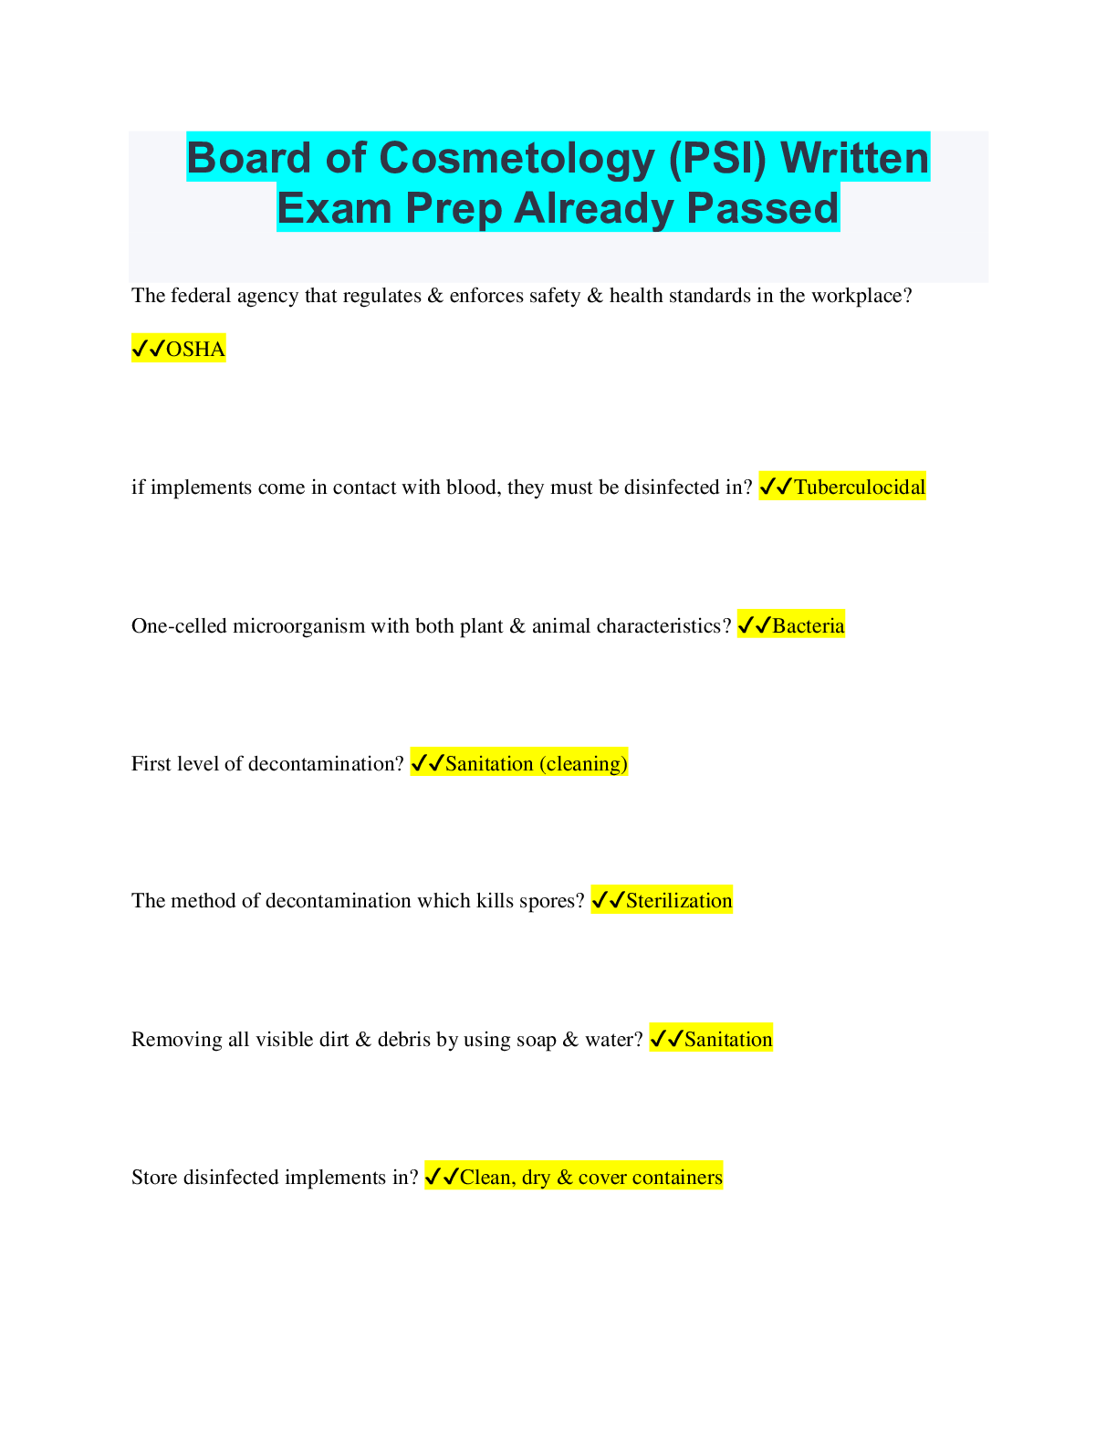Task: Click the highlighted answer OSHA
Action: pos(195,349)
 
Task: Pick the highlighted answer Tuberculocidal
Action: pos(859,487)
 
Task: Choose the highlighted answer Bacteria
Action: pos(808,626)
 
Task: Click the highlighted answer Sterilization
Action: pos(678,901)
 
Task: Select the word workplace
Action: pos(861,296)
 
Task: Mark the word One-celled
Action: pos(179,626)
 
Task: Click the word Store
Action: pos(154,1178)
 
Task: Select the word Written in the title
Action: pos(855,158)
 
